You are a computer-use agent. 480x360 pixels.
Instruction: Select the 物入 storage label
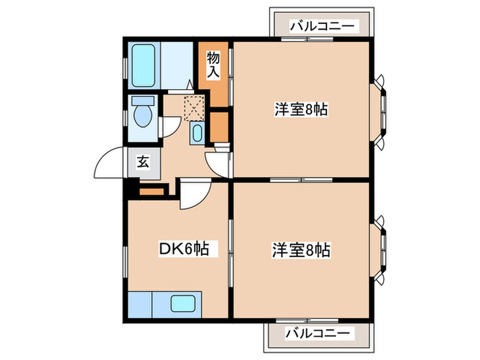pyautogui.click(x=213, y=64)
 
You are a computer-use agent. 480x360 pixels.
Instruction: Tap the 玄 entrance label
pyautogui.click(x=143, y=163)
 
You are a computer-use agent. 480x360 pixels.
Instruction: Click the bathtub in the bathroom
pyautogui.click(x=143, y=66)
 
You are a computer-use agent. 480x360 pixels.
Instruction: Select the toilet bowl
pyautogui.click(x=144, y=115)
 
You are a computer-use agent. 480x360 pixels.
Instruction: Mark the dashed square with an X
pyautogui.click(x=195, y=108)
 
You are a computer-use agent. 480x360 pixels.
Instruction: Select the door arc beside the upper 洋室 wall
pyautogui.click(x=217, y=162)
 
